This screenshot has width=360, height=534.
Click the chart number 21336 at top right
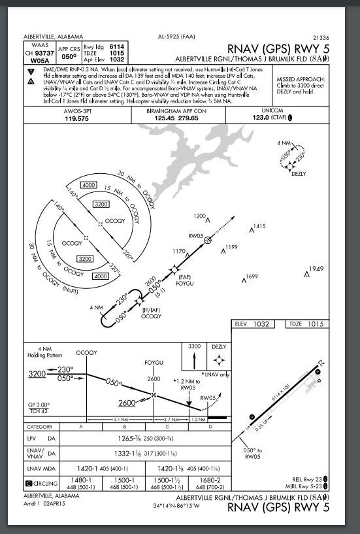[x=321, y=38]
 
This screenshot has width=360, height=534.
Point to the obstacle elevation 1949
[x=316, y=269]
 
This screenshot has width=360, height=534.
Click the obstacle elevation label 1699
[x=251, y=277]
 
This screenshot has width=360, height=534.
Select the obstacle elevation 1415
[x=259, y=226]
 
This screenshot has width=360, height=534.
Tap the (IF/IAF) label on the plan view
[x=151, y=310]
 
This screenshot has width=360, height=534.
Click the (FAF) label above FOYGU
[x=184, y=277]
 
